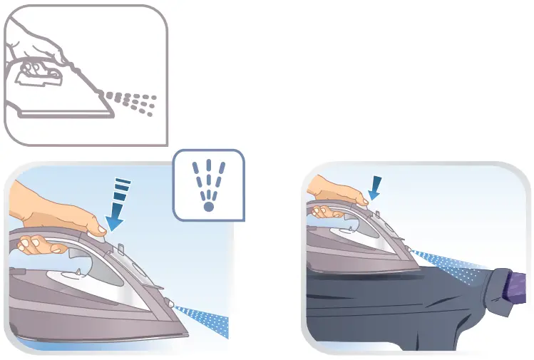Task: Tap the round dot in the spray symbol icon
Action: (x=208, y=206)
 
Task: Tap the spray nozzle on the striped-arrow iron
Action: (x=171, y=304)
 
